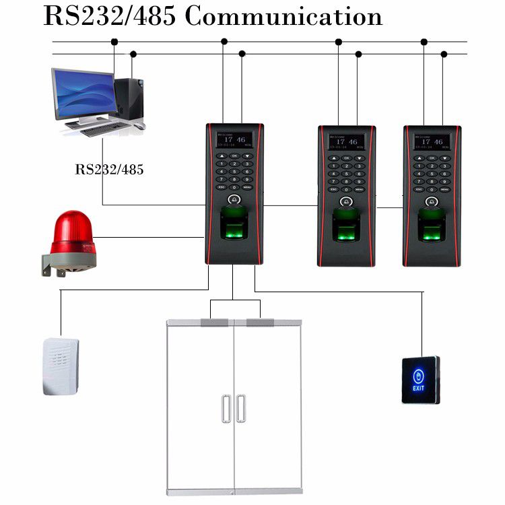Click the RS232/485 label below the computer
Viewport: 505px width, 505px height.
pyautogui.click(x=109, y=169)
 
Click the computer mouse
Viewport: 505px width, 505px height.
pyautogui.click(x=139, y=125)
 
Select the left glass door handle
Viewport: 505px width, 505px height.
pyautogui.click(x=226, y=409)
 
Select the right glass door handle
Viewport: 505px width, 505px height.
pyautogui.click(x=241, y=409)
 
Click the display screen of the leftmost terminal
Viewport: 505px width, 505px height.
pyautogui.click(x=234, y=140)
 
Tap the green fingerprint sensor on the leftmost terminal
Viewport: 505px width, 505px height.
pyautogui.click(x=234, y=224)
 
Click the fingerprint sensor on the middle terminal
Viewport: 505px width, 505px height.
pyautogui.click(x=346, y=226)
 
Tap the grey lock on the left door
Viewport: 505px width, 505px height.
pyautogui.click(x=214, y=323)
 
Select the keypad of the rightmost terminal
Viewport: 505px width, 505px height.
pyautogui.click(x=432, y=173)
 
